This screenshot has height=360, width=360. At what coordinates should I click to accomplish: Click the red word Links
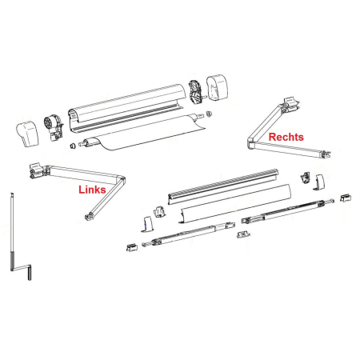click(x=92, y=190)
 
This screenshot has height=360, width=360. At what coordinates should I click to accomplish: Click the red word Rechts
click(x=286, y=138)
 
